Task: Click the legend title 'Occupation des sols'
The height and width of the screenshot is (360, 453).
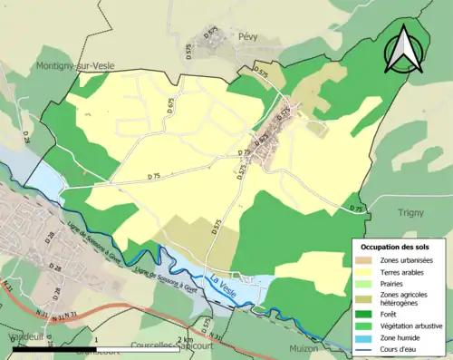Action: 396,246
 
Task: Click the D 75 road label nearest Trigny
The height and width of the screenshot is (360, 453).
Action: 356,209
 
